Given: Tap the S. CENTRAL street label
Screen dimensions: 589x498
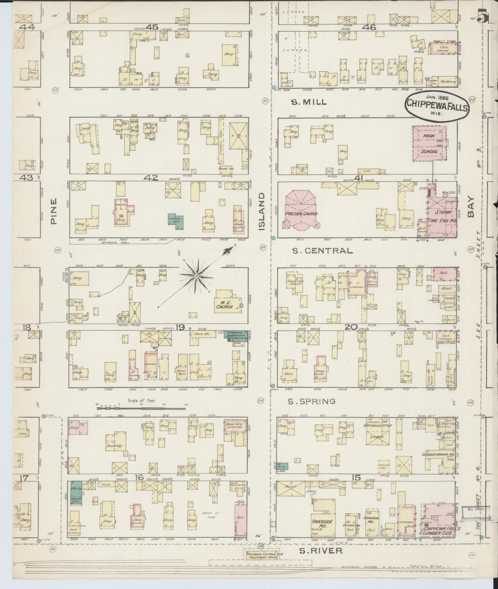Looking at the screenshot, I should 322,251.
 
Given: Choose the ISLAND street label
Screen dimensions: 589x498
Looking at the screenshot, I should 263,211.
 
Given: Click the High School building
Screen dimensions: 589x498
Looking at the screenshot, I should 429,143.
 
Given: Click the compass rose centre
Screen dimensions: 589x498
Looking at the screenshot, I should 196,276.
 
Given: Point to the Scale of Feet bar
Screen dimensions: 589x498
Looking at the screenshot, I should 141,409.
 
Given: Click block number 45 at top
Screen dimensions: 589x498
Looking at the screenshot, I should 152,27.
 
